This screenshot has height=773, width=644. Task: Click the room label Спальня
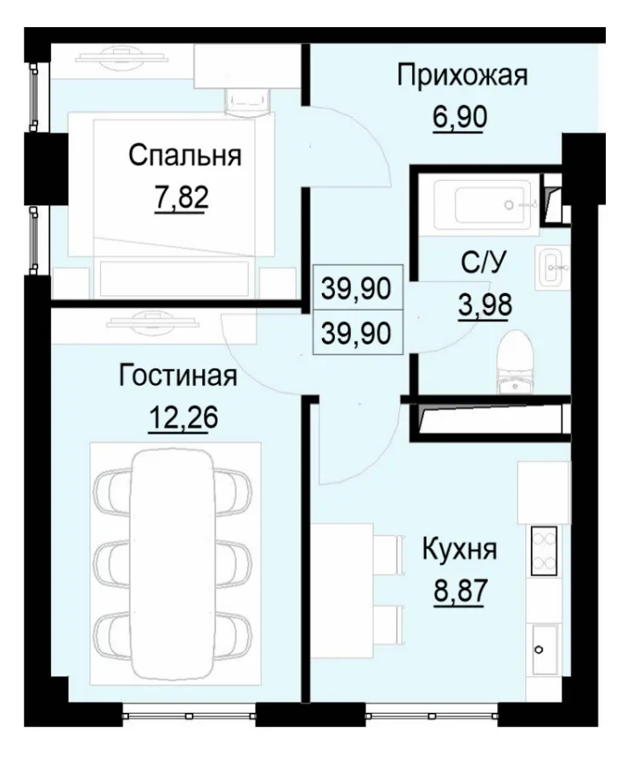184,155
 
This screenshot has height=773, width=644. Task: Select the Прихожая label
462,76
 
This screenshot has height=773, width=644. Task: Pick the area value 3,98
483,305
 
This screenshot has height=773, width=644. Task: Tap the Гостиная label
178,376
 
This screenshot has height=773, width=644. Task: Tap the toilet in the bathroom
516,361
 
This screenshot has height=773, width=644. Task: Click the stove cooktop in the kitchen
544,549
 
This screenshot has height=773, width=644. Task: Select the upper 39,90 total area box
356,289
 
